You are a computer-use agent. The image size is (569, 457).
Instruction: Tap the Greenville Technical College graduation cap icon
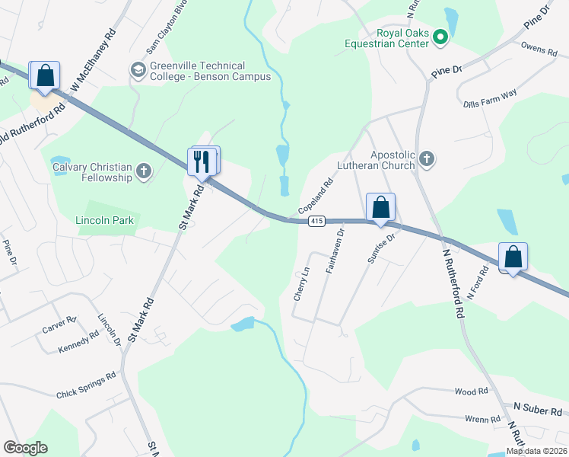pyautogui.click(x=138, y=71)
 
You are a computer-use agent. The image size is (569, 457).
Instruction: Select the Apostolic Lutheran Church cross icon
pyautogui.click(x=427, y=159)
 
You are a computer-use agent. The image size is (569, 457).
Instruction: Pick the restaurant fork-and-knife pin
pyautogui.click(x=201, y=162)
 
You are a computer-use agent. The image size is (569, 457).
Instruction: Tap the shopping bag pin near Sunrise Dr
pyautogui.click(x=380, y=208)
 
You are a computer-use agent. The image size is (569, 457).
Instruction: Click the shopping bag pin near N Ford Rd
pyautogui.click(x=513, y=257)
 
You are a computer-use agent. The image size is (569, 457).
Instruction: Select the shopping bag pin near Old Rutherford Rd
pyautogui.click(x=45, y=76)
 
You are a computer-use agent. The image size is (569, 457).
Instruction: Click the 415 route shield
pyautogui.click(x=317, y=221)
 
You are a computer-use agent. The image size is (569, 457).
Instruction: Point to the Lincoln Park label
pyautogui.click(x=105, y=220)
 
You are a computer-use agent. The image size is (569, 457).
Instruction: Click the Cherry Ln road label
pyautogui.click(x=302, y=283)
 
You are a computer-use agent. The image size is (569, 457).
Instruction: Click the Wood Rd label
pyautogui.click(x=471, y=391)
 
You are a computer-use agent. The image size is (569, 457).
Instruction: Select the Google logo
pyautogui.click(x=25, y=448)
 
